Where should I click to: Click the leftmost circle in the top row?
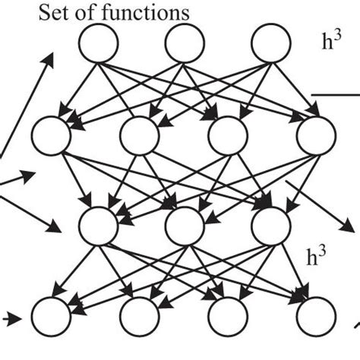point(97,43)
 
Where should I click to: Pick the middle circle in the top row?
point(182,43)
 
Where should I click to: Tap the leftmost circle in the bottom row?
point(51,314)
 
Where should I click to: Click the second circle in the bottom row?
point(139,314)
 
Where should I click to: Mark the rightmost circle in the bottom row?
point(315,314)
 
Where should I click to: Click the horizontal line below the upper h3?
point(336,96)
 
